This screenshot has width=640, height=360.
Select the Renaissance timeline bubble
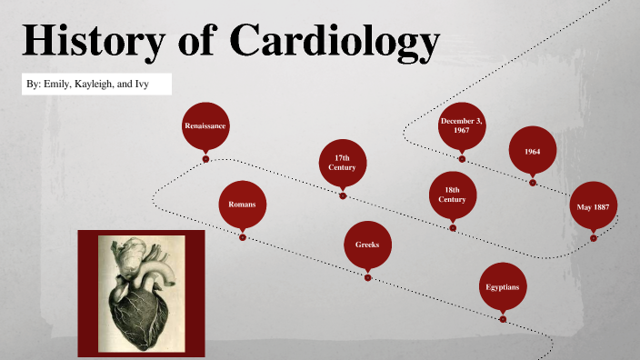tap(205, 125)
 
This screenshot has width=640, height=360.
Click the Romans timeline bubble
tap(242, 205)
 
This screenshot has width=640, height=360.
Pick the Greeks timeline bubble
tap(367, 245)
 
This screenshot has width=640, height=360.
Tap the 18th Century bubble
tap(452, 195)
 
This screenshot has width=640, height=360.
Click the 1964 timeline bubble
tap(533, 150)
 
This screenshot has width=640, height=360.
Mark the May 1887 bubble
tap(593, 206)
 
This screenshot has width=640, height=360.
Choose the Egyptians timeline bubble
tap(503, 287)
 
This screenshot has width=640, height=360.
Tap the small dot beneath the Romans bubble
tap(243, 237)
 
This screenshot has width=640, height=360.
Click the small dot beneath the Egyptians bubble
tap(503, 319)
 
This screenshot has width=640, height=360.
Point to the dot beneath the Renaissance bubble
tap(205, 158)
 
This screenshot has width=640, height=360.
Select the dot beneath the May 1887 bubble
tap(594, 238)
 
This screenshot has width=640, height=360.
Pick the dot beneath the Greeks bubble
tap(368, 277)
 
